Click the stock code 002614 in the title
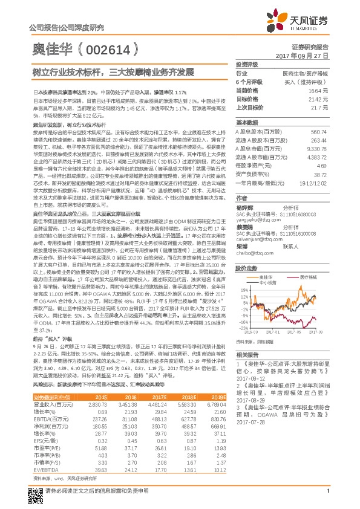tap(118, 49)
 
